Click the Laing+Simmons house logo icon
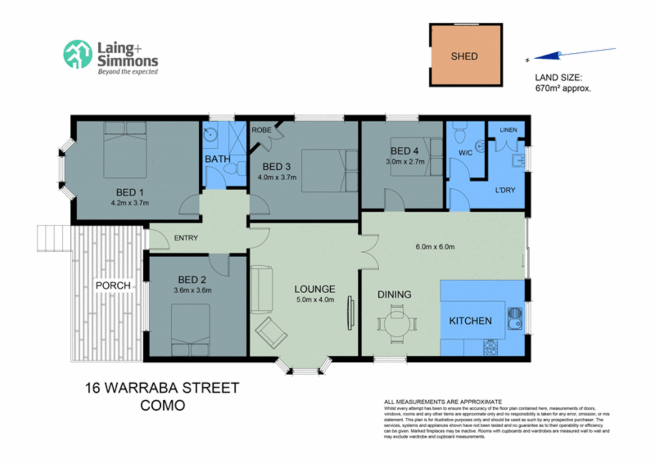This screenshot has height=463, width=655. [x=78, y=54]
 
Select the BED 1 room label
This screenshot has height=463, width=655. [x=130, y=192]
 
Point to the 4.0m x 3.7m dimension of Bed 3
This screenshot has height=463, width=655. [x=277, y=177]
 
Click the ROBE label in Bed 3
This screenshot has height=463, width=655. [x=261, y=130]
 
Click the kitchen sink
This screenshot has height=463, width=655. [x=514, y=318]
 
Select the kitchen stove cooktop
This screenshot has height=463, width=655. [x=490, y=347]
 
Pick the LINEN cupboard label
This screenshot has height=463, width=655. [x=508, y=130]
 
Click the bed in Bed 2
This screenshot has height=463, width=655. [x=190, y=330]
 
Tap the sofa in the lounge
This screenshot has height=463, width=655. [x=261, y=289]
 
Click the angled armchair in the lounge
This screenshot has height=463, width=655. [x=271, y=332]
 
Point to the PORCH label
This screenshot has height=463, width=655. [x=113, y=286]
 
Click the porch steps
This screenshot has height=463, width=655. [x=54, y=238]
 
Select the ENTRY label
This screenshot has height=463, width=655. [x=186, y=238]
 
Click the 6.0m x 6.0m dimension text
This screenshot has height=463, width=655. [x=435, y=247]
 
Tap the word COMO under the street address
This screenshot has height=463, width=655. [x=163, y=405]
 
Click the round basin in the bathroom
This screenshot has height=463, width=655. [x=210, y=134]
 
